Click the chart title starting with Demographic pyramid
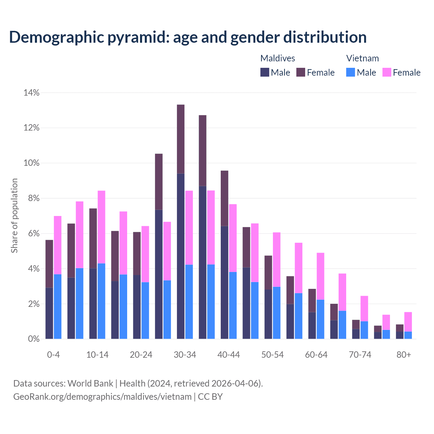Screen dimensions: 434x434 click(x=188, y=37)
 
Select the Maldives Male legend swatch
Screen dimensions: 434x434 click(x=265, y=72)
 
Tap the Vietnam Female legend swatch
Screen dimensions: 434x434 click(x=387, y=72)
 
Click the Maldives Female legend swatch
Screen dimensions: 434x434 click(x=301, y=72)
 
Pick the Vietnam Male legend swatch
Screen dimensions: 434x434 click(x=351, y=72)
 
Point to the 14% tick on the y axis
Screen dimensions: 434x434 click(x=32, y=93)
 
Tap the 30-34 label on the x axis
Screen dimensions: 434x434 click(x=185, y=355)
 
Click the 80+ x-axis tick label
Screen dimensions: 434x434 click(x=404, y=355)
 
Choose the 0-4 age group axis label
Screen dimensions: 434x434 click(x=53, y=355)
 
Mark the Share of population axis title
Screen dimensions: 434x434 click(x=14, y=216)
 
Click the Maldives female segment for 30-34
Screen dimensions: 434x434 click(x=181, y=139)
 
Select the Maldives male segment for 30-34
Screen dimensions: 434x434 click(x=181, y=256)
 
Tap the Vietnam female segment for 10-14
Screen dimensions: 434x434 click(x=101, y=227)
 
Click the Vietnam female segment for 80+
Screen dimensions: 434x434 click(x=408, y=322)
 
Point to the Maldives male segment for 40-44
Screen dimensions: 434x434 click(x=224, y=282)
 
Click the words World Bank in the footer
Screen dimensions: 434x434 click(x=90, y=383)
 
